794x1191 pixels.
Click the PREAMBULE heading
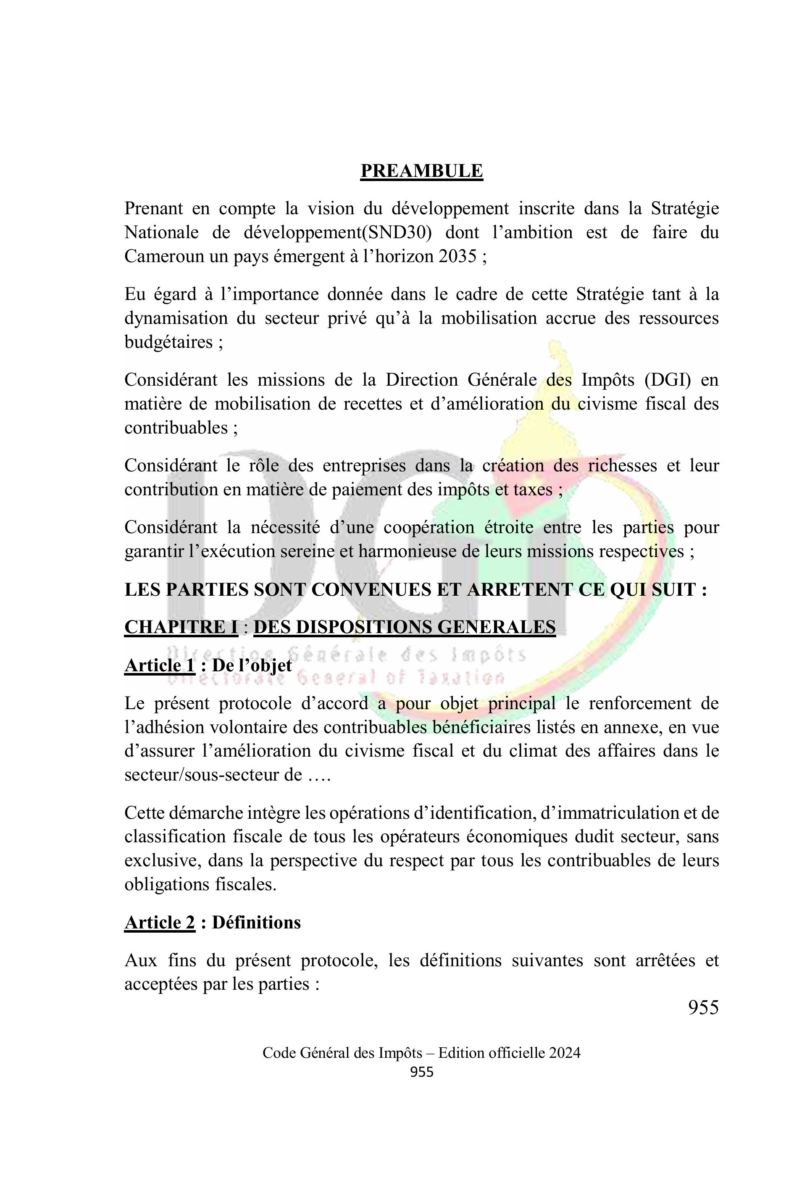tap(421, 171)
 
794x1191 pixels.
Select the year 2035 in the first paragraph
tap(458, 257)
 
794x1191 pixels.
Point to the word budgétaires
tap(168, 342)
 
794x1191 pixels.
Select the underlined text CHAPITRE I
tap(181, 627)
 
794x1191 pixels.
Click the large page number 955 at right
tap(703, 1008)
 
